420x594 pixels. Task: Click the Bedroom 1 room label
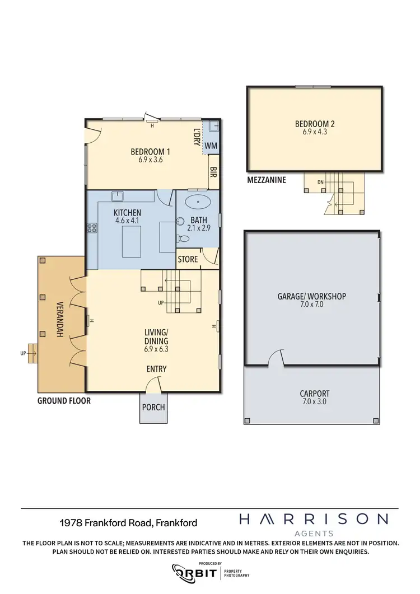150,151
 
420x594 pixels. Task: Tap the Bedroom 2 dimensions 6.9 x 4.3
314,133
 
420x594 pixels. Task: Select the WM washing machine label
211,146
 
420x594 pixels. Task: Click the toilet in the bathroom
185,238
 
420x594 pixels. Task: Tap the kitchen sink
118,196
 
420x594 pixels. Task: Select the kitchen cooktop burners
92,228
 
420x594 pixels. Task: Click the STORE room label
188,259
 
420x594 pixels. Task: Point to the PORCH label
153,407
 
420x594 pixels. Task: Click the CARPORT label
314,394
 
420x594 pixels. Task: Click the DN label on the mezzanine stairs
320,182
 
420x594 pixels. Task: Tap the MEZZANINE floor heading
266,180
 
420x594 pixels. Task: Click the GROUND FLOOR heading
64,401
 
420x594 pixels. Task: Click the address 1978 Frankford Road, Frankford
128,523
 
